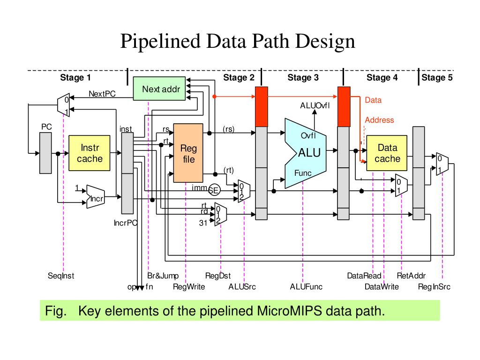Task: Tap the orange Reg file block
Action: (188, 153)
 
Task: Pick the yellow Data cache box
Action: (387, 153)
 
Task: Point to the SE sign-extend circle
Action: (214, 190)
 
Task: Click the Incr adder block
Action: (97, 197)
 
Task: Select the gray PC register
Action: (46, 152)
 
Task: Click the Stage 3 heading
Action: (303, 78)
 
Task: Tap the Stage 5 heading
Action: (437, 78)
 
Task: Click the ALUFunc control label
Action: (306, 287)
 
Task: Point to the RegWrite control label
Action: (189, 287)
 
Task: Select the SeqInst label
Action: (61, 276)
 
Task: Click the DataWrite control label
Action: (382, 287)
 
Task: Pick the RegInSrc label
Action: (434, 287)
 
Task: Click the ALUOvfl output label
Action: (315, 105)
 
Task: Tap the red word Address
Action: (379, 120)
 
